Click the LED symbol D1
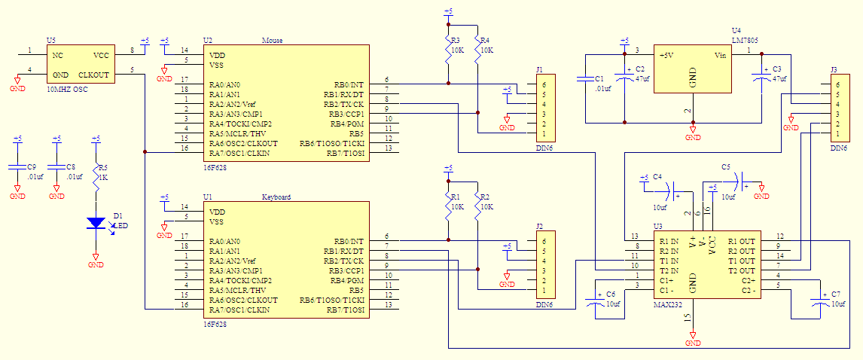click(96, 223)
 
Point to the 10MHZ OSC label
click(67, 89)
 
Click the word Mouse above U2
click(271, 40)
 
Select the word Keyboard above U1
click(276, 197)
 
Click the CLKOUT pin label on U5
click(94, 75)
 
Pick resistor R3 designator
click(454, 40)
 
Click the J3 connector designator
click(833, 70)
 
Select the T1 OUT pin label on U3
click(742, 261)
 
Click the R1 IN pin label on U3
click(669, 241)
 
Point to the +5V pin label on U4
click(667, 56)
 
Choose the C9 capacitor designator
click(32, 166)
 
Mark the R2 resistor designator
click(486, 197)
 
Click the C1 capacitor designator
click(599, 78)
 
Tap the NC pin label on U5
click(57, 56)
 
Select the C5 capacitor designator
click(726, 166)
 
